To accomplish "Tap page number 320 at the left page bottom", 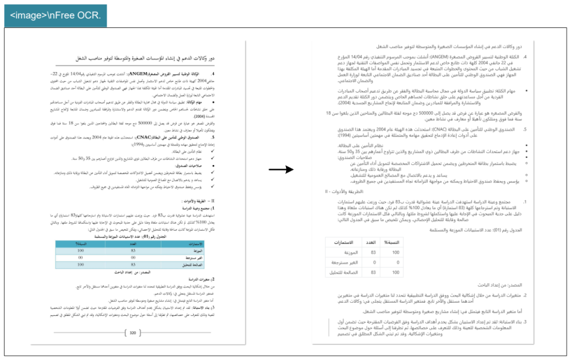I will click(134, 333).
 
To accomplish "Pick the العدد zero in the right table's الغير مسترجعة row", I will click(374, 263).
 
